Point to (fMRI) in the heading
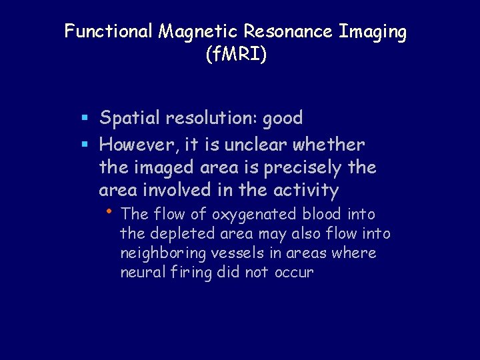coord(237,55)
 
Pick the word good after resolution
coord(283,119)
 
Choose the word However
coord(138,143)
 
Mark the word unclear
coord(259,143)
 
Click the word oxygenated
coord(255,215)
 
